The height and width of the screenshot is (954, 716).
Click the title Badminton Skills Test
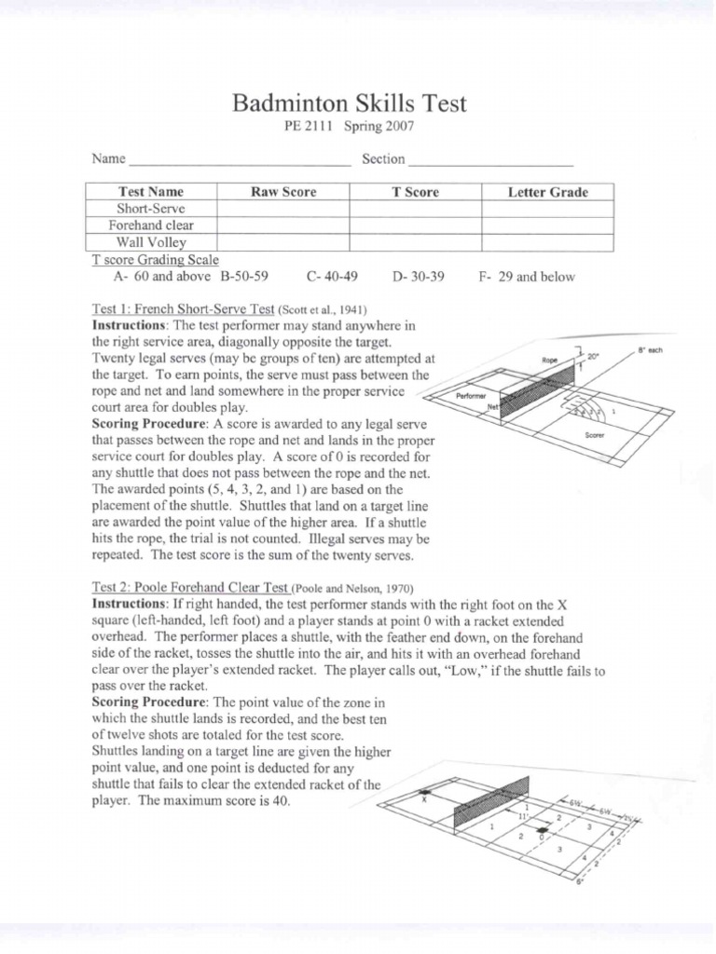pos(349,103)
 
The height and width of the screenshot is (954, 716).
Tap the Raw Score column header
pos(282,192)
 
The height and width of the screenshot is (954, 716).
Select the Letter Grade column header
pos(547,192)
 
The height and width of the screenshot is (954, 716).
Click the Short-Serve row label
pos(151,209)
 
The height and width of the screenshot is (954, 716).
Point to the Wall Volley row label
pos(151,242)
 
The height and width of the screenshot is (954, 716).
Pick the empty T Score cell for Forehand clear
pos(415,225)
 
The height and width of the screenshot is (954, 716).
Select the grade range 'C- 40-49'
pos(333,277)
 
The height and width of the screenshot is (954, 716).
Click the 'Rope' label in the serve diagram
pos(549,359)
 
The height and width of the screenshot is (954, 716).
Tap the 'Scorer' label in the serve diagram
pos(594,435)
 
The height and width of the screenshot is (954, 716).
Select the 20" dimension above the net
pos(594,356)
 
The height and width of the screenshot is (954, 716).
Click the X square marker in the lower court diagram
pos(424,797)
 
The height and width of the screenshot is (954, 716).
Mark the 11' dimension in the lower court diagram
pos(523,814)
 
